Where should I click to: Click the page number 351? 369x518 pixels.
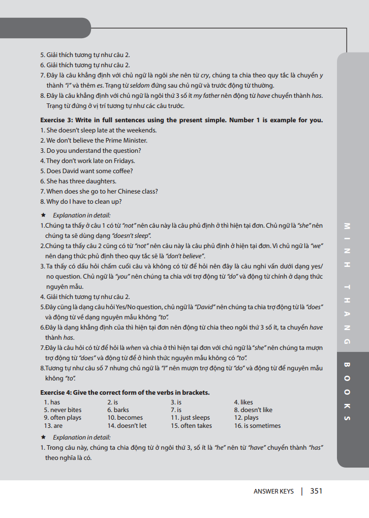click(x=316, y=491)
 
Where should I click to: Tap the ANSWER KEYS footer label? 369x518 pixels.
click(x=273, y=492)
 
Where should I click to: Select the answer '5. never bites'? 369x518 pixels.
click(x=63, y=410)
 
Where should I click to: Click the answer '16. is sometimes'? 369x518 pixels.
click(x=257, y=426)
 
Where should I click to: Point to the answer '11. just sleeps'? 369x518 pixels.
click(x=190, y=418)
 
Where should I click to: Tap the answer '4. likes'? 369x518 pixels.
click(x=243, y=402)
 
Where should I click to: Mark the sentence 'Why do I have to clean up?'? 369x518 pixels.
click(x=81, y=202)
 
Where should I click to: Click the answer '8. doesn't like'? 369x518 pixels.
click(x=253, y=410)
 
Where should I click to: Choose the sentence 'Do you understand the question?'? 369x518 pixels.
click(x=90, y=151)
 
